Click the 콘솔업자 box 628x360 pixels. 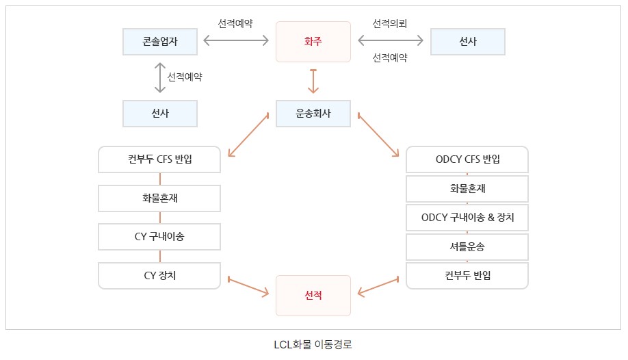160,42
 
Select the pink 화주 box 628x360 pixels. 313,42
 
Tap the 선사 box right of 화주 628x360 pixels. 468,42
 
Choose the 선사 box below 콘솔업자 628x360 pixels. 160,114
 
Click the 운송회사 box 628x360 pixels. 313,114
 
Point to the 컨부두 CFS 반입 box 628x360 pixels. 159,159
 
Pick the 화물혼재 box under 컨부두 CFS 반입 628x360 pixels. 159,198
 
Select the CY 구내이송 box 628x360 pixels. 159,237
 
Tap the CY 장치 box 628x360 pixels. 159,275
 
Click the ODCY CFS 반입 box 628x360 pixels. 467,159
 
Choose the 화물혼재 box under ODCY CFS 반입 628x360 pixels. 467,189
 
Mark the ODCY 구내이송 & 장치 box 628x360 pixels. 467,218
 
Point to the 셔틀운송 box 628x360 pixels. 467,246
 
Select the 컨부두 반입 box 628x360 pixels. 467,275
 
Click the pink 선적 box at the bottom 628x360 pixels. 313,296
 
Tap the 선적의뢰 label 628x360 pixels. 390,24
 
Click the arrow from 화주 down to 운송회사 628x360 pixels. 313,81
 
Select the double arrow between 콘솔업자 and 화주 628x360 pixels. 237,42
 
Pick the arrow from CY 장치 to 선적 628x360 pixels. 248,287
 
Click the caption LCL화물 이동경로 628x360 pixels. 313,344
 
